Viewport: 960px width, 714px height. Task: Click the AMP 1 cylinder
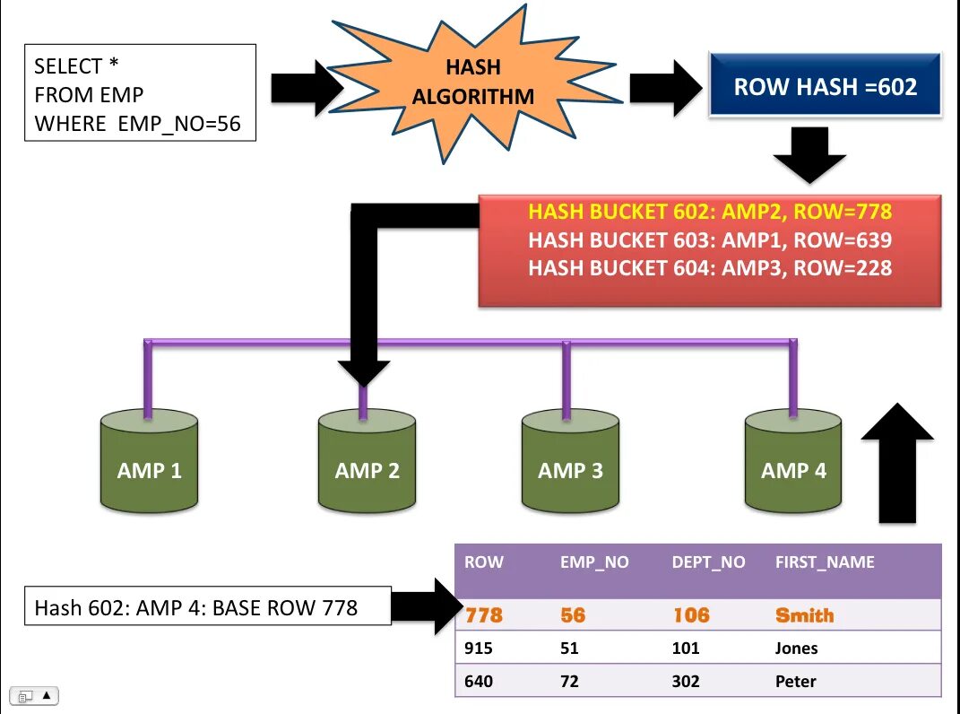149,461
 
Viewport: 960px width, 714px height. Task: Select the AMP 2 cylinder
367,461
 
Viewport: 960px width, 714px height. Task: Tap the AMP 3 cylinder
570,461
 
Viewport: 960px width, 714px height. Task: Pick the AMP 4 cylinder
793,461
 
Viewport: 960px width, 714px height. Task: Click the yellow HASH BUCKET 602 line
710,212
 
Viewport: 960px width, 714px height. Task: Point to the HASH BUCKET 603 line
710,239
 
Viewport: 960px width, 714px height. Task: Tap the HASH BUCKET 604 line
710,268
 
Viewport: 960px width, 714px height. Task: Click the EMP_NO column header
594,562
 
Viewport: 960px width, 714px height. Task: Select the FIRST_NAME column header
825,562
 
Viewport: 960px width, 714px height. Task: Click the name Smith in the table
805,614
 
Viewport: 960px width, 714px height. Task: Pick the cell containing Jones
796,648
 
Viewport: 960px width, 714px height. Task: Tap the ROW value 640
478,681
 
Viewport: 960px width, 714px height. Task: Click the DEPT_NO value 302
686,681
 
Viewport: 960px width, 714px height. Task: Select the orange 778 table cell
484,614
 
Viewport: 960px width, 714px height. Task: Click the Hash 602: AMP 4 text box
208,606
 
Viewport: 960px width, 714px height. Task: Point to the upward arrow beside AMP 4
897,464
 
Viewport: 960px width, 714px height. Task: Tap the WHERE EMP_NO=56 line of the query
138,124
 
